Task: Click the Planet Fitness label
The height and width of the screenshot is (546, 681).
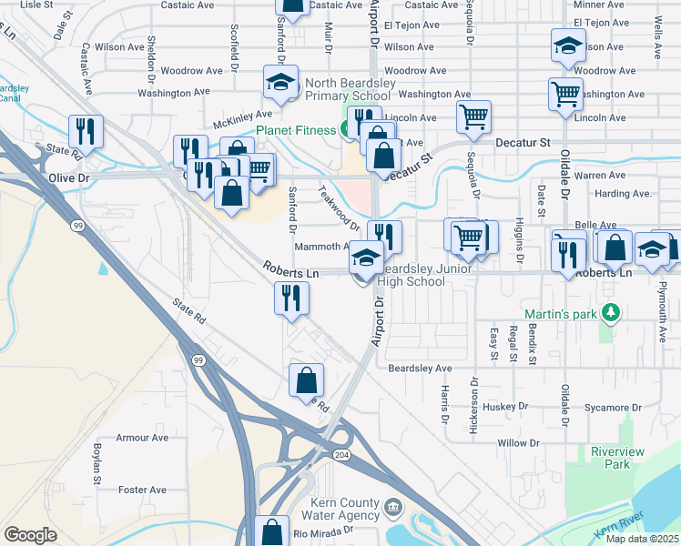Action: (x=295, y=130)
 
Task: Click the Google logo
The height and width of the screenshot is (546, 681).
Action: (x=30, y=535)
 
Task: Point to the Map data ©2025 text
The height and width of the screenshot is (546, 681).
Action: (x=643, y=539)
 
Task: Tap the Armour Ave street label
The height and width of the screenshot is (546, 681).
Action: (x=142, y=438)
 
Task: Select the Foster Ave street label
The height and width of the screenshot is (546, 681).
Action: (x=142, y=490)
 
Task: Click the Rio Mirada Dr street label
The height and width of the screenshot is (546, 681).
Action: (x=322, y=531)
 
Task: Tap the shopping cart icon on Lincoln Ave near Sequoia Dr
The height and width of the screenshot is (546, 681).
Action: (x=473, y=116)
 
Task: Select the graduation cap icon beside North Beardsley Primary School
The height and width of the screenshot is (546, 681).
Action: (x=280, y=82)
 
